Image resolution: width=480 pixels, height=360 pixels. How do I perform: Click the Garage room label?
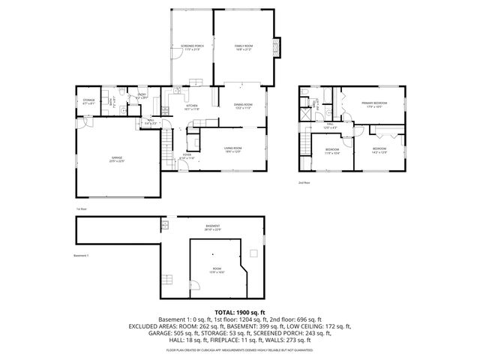click(115, 159)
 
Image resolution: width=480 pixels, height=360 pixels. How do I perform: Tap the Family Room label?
click(241, 48)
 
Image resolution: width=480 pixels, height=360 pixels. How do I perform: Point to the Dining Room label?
click(242, 106)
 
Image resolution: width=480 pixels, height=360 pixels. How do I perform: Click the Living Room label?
click(232, 149)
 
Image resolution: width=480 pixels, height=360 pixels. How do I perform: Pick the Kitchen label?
click(192, 107)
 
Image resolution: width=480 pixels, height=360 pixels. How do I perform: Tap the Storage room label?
click(87, 101)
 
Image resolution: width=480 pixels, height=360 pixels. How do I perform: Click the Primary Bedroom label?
click(373, 104)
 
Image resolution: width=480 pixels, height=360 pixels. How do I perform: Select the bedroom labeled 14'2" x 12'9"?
click(379, 151)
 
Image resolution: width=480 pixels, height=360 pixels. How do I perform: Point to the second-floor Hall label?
click(329, 126)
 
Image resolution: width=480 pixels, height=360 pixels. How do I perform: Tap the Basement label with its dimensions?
click(214, 227)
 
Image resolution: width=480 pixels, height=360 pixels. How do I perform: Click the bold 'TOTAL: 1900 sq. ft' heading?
click(240, 311)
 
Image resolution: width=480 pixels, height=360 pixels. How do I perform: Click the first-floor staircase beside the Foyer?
click(169, 146)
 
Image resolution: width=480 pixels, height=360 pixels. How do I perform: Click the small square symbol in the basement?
click(253, 252)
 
